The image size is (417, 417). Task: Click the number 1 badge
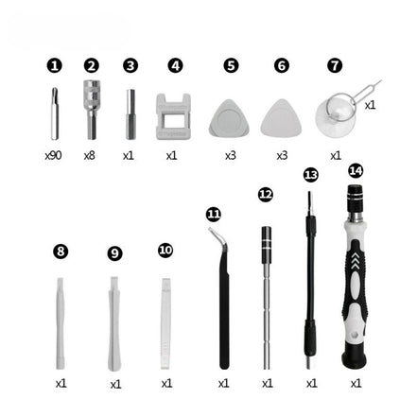54,65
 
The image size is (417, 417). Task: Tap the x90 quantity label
53,154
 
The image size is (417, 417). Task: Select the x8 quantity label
90,154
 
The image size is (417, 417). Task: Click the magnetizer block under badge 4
172,115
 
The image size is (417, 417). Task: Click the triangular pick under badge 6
282,117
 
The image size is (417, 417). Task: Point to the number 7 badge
335,65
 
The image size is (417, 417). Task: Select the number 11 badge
214,215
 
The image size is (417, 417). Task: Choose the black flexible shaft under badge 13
309,284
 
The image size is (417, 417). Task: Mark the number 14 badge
356,171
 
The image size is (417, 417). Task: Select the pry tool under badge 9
114,321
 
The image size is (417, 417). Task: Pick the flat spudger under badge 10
166,321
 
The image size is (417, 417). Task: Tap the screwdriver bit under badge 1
54,113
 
